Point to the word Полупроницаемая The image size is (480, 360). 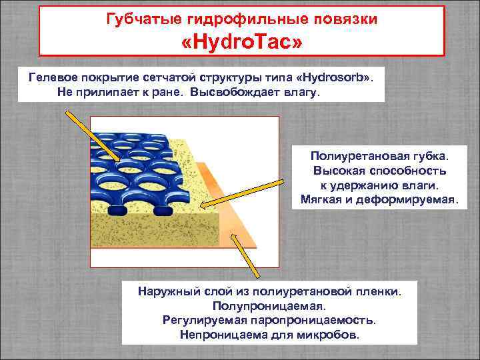click(269, 306)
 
